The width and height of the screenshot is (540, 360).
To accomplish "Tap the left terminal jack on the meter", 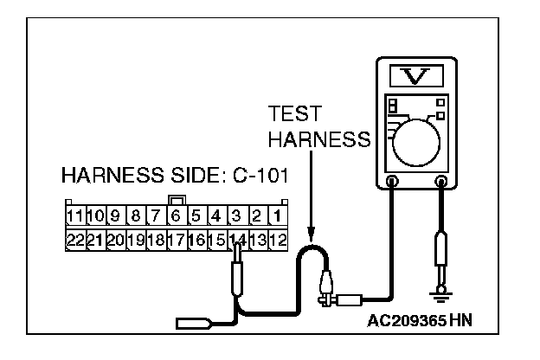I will tap(392, 183).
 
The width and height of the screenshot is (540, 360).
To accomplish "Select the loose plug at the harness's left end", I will tap(191, 325).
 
